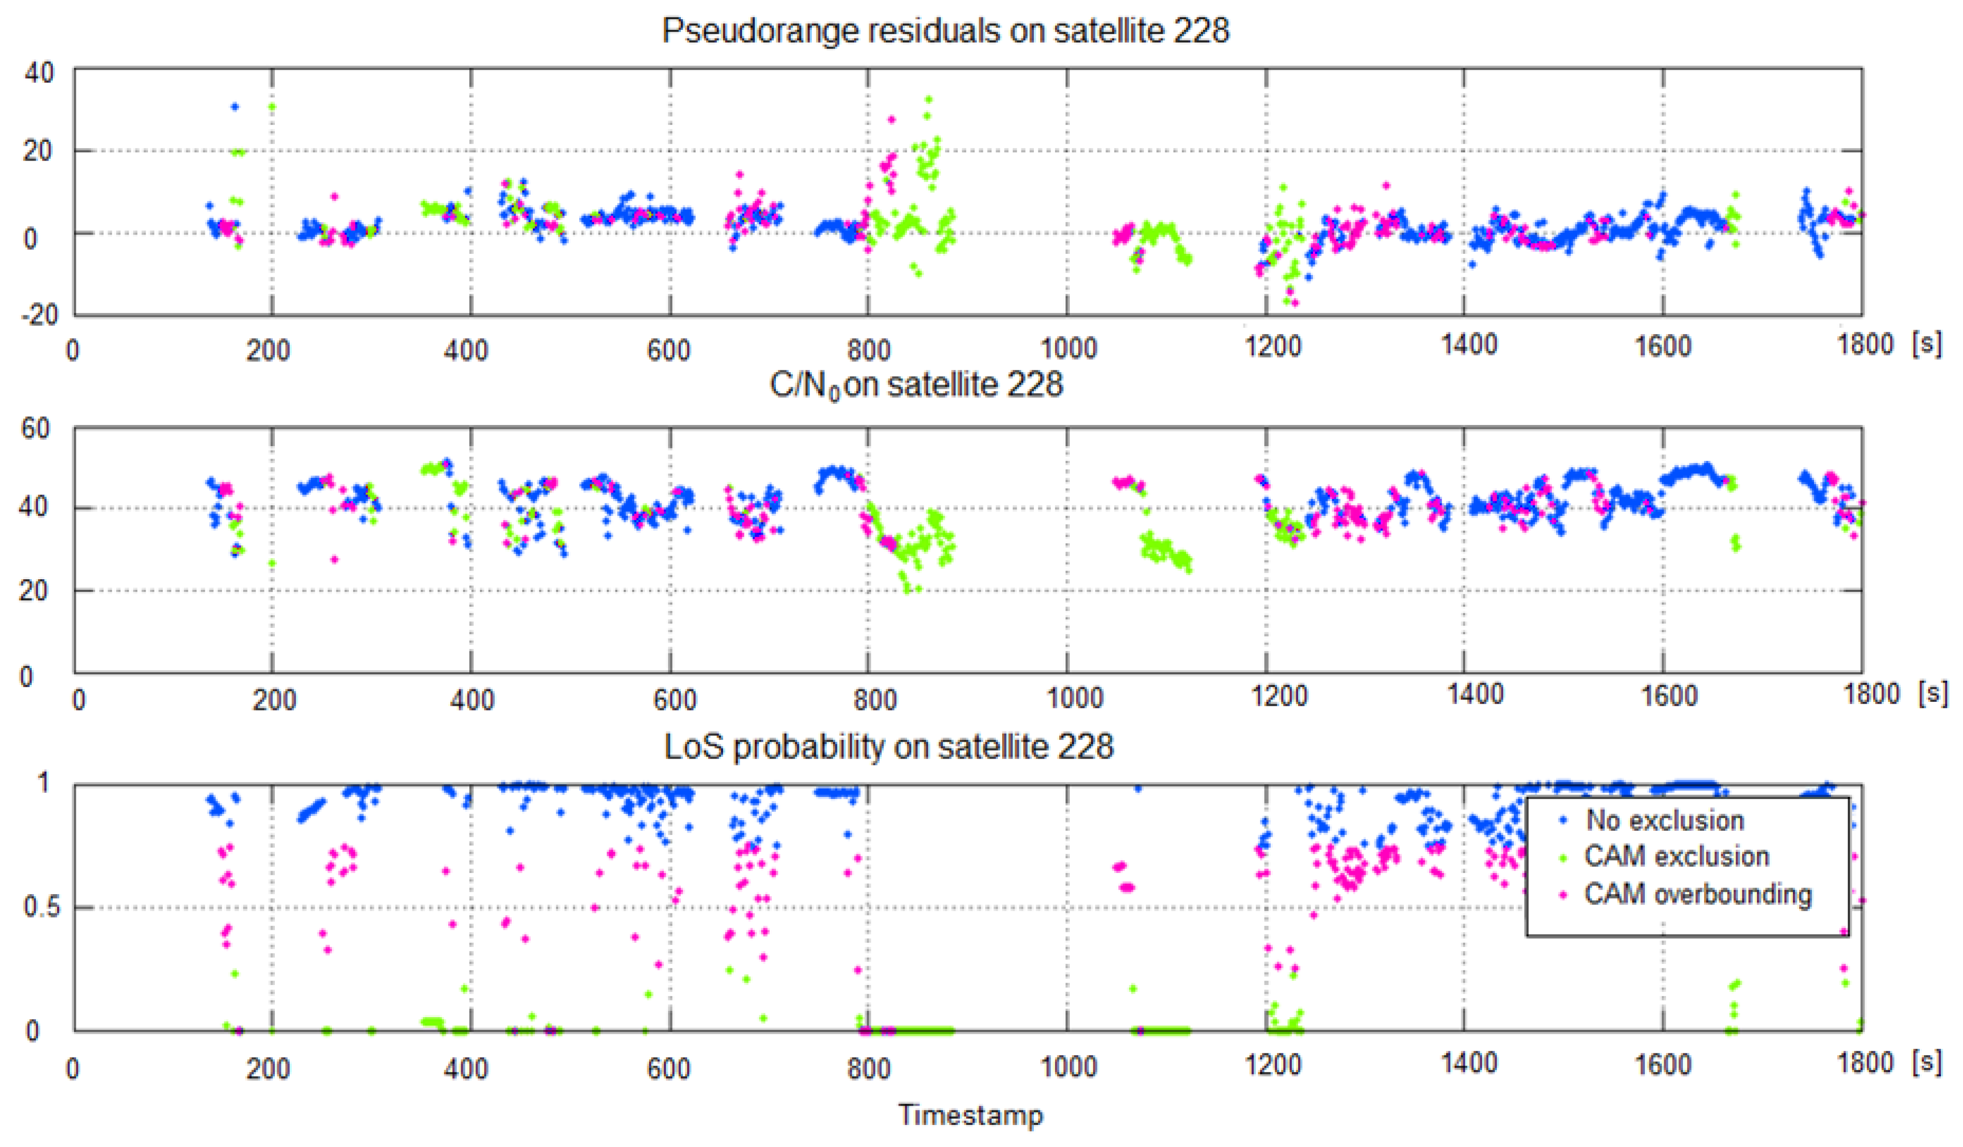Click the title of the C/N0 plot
[916, 385]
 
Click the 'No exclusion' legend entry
[1665, 821]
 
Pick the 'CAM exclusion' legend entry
[1676, 856]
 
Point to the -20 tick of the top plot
[39, 315]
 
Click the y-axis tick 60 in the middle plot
[35, 429]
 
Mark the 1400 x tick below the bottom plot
[1468, 1063]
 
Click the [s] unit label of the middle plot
[1933, 693]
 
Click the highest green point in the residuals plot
[928, 99]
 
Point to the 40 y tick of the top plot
[39, 73]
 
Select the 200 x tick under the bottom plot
[269, 1068]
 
